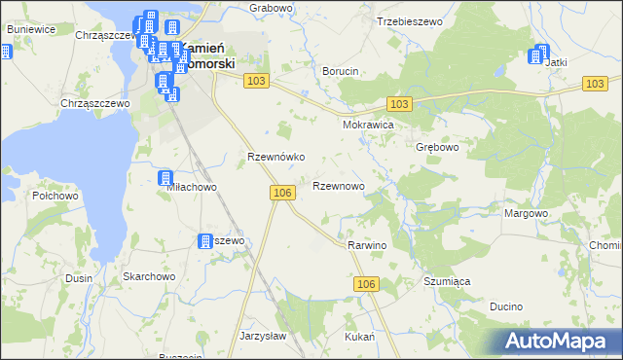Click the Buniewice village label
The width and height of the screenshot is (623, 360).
coord(29,29)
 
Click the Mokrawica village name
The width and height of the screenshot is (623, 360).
coord(367,126)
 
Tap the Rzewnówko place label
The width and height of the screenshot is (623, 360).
coord(277,156)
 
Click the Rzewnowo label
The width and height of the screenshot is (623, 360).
coord(339,185)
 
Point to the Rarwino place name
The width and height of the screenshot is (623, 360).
coord(367,246)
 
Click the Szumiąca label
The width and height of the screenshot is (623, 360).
coord(447,281)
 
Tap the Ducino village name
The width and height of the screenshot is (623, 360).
coord(506,306)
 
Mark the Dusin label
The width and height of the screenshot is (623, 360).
coord(79,278)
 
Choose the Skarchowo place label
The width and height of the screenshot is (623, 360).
coord(148,276)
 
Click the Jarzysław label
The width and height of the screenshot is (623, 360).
coord(261,336)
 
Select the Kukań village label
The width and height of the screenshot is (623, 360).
coord(359,336)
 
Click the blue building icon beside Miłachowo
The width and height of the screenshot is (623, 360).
coord(165,178)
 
